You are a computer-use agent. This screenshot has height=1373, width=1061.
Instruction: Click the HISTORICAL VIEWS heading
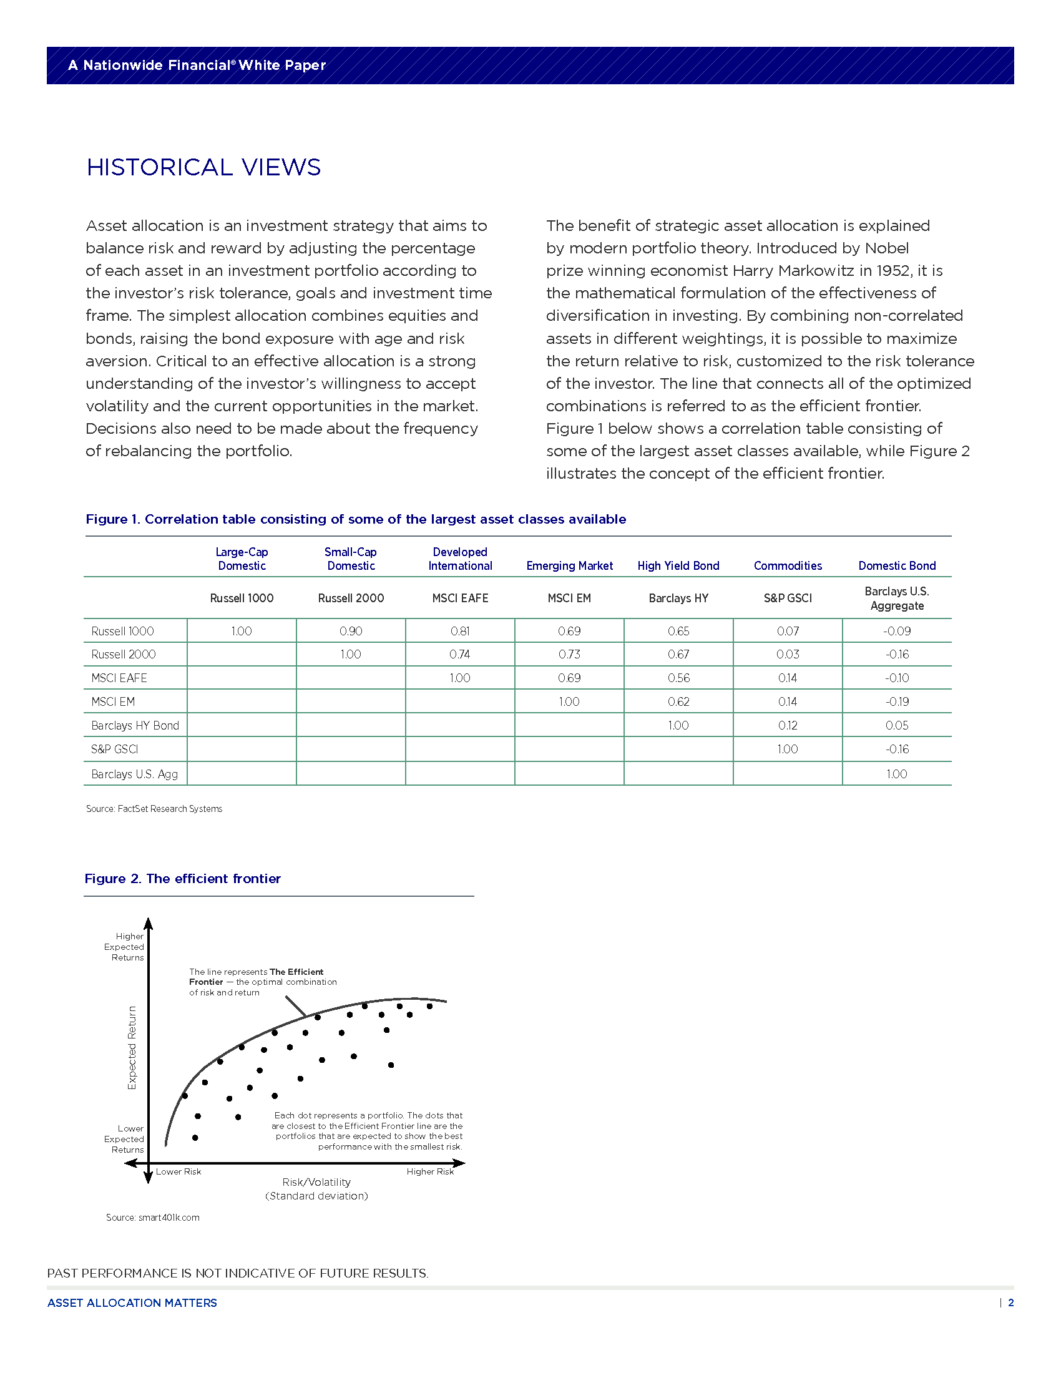(203, 167)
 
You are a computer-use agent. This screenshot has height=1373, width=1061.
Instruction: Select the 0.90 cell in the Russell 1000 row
(351, 630)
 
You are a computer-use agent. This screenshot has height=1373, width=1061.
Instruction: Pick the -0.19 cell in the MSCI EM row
(896, 701)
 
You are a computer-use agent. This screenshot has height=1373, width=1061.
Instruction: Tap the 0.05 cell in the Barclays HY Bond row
(896, 725)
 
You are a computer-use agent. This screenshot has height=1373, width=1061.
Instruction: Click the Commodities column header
(788, 566)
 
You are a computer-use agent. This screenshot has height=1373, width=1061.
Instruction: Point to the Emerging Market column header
(569, 566)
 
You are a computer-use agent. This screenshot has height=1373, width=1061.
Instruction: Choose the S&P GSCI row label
(114, 750)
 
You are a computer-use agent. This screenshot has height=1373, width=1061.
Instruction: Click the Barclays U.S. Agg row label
(135, 774)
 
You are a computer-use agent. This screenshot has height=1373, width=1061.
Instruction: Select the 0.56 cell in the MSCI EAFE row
(678, 678)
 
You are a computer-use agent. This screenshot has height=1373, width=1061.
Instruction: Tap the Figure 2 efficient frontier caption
(183, 878)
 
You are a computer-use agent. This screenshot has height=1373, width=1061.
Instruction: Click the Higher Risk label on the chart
(430, 1171)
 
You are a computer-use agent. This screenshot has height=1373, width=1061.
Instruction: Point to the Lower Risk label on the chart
(178, 1171)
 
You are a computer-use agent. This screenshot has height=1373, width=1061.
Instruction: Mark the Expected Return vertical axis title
(132, 1047)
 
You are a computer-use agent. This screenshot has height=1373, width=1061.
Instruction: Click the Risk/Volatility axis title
(316, 1182)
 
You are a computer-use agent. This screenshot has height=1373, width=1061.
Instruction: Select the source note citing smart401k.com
(153, 1217)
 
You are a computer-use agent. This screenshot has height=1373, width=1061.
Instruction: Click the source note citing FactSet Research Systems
(154, 808)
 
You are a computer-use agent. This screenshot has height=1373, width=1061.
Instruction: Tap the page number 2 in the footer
(1010, 1302)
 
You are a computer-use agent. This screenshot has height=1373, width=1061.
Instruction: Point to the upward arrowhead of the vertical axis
(149, 923)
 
